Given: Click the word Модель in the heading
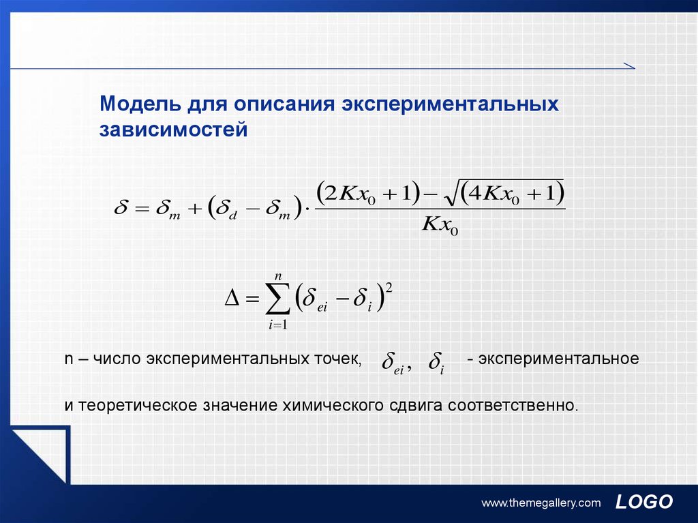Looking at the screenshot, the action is pos(140,104).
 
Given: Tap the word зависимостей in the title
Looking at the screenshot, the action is pos(174,129).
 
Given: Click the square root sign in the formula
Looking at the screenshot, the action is pos(451,195).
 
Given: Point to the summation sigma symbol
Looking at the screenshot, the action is pos(278,299).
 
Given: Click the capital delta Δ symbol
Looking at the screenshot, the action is pos(232,298).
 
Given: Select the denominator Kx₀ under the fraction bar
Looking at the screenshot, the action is pos(440,224).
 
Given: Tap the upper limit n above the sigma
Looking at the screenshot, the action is pos(278,276).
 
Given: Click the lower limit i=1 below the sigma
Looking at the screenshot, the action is pos(278,325).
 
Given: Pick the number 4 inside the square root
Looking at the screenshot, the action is pos(475,193).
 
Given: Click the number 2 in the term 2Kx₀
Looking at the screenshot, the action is pos(331,193).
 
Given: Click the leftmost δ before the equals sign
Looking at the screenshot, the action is pos(121,207).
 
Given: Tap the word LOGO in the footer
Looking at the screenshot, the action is pos(643,502).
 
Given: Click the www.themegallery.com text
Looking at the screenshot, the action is pos(541,503).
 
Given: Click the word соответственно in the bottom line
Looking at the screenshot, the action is pos(513,406).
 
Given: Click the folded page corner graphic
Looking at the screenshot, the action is pos(41,455).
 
